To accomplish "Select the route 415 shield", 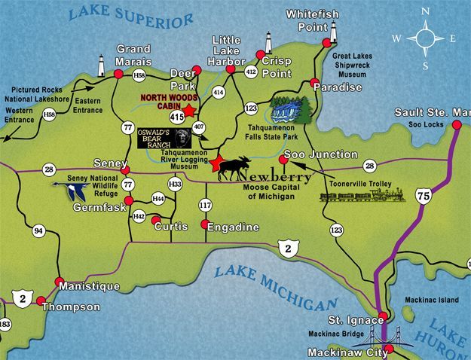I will click(x=177, y=117).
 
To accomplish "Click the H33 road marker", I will click(x=176, y=183).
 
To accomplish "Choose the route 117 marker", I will click(x=205, y=205).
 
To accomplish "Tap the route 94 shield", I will click(x=38, y=230).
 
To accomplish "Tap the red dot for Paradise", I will click(x=313, y=82).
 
